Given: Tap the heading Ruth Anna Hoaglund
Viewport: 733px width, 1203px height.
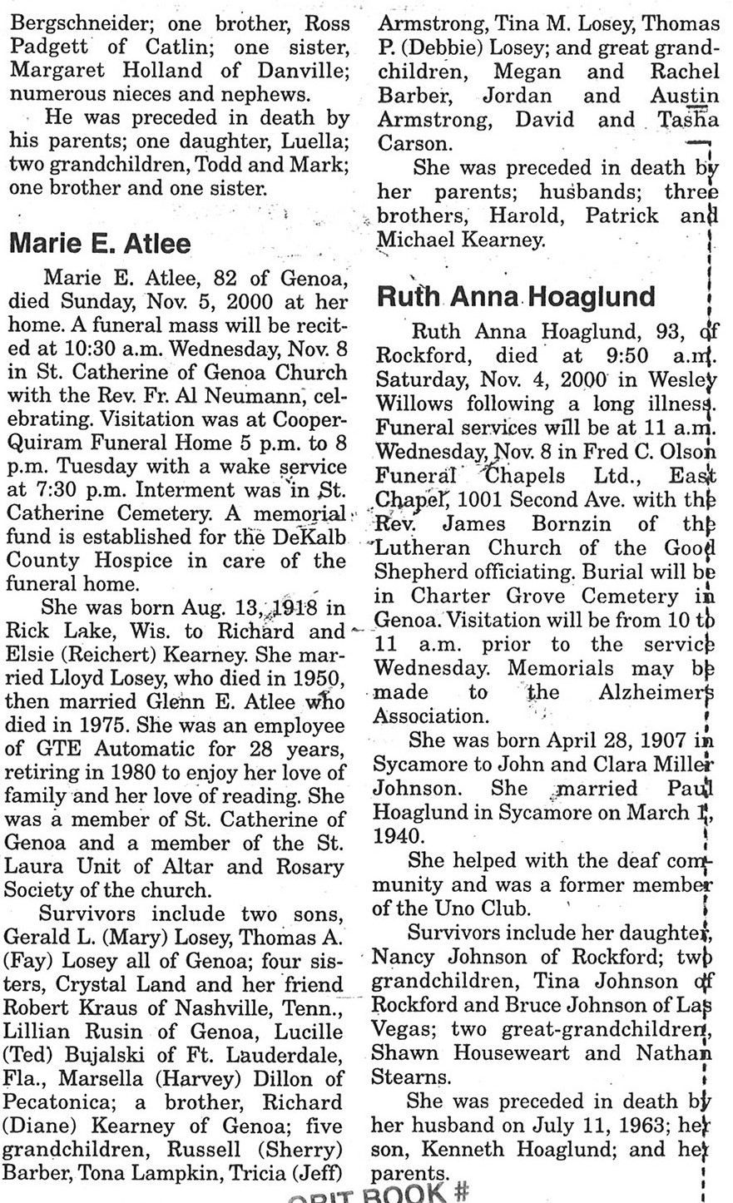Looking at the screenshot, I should pyautogui.click(x=517, y=297).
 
